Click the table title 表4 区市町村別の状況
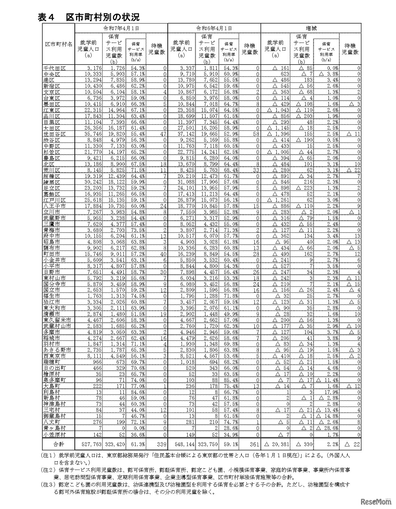point(88,17)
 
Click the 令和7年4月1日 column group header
point(121,28)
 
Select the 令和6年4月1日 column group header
point(214,28)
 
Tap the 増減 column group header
point(311,28)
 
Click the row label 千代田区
point(54,68)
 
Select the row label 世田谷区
point(54,134)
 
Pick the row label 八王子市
point(54,206)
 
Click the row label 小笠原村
point(54,434)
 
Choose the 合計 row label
point(59,444)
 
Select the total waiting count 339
point(160,444)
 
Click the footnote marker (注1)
point(48,455)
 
